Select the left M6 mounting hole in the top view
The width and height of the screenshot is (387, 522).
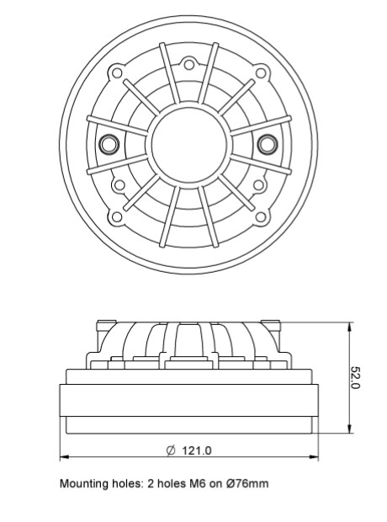pos(109,144)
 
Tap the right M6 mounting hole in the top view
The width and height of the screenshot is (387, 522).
pos(268,144)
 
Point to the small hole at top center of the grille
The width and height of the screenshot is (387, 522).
pos(188,64)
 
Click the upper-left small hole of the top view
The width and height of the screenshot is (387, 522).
pos(117,72)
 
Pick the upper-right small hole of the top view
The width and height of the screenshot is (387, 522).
pos(261,72)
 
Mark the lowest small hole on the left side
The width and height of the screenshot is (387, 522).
pos(116,216)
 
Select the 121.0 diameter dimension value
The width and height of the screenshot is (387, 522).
pos(197,450)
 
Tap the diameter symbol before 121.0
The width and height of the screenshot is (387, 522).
pos(171,450)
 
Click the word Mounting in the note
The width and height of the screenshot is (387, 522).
pos(83,483)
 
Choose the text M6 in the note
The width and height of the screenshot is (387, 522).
pos(197,483)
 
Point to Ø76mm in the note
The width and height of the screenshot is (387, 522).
pos(247,483)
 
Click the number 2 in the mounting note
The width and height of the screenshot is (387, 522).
pos(151,483)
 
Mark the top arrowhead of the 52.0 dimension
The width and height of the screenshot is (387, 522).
pos(349,327)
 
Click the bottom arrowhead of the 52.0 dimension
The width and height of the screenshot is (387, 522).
pos(349,429)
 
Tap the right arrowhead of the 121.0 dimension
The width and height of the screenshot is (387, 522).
pos(314,456)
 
